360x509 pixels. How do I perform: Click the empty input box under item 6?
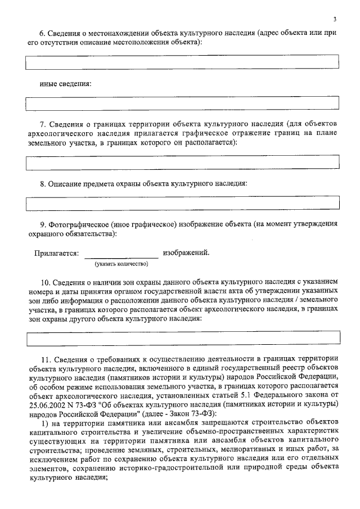pyautogui.click(x=183, y=62)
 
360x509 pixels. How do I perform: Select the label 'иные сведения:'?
pyautogui.click(x=63, y=84)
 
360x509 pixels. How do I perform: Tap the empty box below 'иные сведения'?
pyautogui.click(x=183, y=103)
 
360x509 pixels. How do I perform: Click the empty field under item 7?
pyautogui.click(x=183, y=163)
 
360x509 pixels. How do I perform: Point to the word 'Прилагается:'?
pyautogui.click(x=56, y=253)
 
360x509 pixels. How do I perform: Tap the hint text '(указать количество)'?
pyautogui.click(x=121, y=263)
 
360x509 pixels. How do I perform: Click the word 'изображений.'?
pyautogui.click(x=186, y=253)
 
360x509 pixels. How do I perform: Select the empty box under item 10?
pyautogui.click(x=183, y=337)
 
